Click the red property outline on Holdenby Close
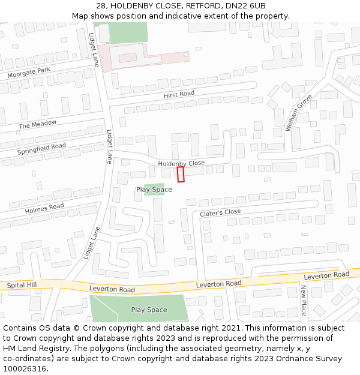tap(181, 174)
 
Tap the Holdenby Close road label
tap(181, 163)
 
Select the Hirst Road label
tap(179, 94)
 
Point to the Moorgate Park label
tap(29, 74)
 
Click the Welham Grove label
tap(299, 113)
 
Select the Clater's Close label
tap(220, 212)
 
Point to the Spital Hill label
tap(22, 285)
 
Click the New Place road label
tap(304, 300)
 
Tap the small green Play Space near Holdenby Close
tap(154, 190)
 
